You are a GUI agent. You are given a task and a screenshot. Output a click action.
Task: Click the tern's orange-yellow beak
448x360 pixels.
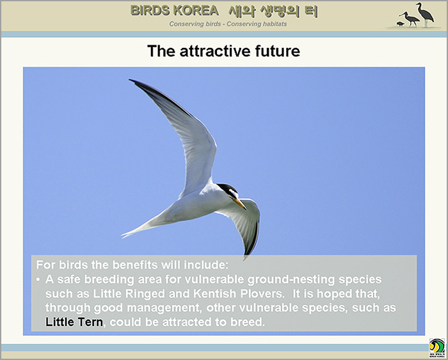pyautogui.click(x=239, y=204)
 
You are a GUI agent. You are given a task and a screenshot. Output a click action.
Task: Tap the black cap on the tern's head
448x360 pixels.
pyautogui.click(x=227, y=189)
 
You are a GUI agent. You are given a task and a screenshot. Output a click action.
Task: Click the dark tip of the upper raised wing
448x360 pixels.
pyautogui.click(x=137, y=83)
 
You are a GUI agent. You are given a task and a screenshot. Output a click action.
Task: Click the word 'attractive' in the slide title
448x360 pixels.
pyautogui.click(x=215, y=51)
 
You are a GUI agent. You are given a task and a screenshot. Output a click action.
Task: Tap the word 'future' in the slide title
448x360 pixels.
pyautogui.click(x=277, y=51)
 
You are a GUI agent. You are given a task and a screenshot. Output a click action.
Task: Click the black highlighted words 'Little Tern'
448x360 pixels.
pyautogui.click(x=74, y=322)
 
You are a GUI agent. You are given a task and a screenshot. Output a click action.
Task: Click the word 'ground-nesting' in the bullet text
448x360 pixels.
pyautogui.click(x=291, y=280)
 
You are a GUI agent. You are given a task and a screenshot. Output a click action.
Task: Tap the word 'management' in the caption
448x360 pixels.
pyautogui.click(x=163, y=308)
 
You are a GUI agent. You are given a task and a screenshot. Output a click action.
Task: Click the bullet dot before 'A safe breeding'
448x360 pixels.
pyautogui.click(x=38, y=280)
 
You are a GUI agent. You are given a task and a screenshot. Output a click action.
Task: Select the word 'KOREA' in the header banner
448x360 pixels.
pyautogui.click(x=196, y=11)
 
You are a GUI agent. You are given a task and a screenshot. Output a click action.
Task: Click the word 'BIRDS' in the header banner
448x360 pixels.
pyautogui.click(x=150, y=11)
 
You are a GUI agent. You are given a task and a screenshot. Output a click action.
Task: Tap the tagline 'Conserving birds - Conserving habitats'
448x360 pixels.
pyautogui.click(x=228, y=24)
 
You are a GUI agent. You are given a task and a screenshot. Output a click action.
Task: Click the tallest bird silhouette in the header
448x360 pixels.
pyautogui.click(x=425, y=15)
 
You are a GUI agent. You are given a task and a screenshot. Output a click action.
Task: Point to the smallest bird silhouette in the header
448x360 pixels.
pyautogui.click(x=401, y=24)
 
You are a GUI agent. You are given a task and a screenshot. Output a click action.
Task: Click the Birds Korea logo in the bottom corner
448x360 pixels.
pyautogui.click(x=437, y=348)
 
